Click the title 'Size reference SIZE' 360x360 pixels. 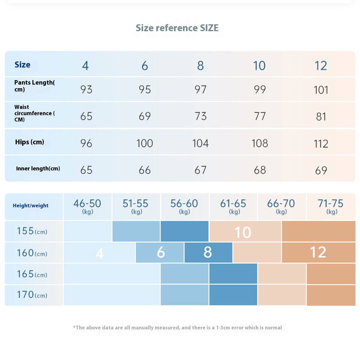click(177, 28)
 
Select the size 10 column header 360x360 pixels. click(259, 65)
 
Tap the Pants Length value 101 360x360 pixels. click(321, 90)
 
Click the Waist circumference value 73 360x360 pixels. click(200, 116)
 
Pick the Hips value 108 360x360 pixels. click(259, 143)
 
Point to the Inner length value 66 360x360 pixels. click(145, 170)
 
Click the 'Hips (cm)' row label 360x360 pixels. click(29, 142)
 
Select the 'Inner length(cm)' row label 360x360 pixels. click(38, 169)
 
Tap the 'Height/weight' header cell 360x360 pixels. click(31, 205)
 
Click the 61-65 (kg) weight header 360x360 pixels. click(233, 206)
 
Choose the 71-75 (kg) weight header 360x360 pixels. click(331, 206)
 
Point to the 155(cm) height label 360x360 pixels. click(32, 231)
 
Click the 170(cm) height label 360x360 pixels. click(32, 295)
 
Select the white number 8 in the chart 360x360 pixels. click(208, 252)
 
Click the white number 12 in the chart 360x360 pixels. click(318, 252)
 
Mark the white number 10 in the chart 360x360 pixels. click(243, 232)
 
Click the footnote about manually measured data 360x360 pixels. click(177, 328)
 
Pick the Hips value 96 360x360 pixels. click(86, 143)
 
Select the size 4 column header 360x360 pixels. click(85, 65)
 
